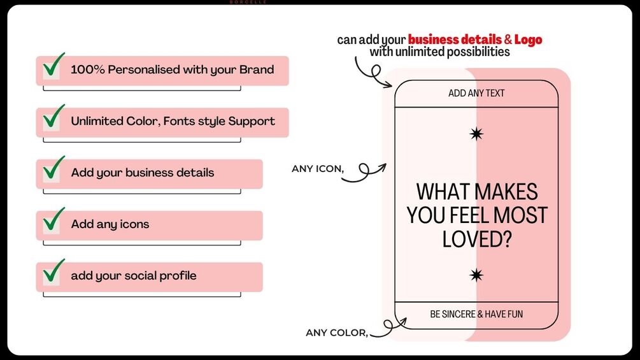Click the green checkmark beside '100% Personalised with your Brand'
pyautogui.click(x=53, y=65)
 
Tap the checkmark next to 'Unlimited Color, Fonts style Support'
pyautogui.click(x=53, y=117)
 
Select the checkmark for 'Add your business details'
pyautogui.click(x=53, y=168)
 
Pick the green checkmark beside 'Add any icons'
pyautogui.click(x=53, y=219)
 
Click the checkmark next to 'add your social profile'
pyautogui.click(x=53, y=271)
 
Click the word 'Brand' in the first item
pyautogui.click(x=257, y=69)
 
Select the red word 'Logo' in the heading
pyautogui.click(x=528, y=40)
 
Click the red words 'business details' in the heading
pyautogui.click(x=455, y=40)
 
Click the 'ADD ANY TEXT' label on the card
pyautogui.click(x=476, y=93)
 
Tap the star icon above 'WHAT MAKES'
pyautogui.click(x=476, y=134)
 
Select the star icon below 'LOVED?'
pyautogui.click(x=476, y=275)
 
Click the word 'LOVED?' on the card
pyautogui.click(x=477, y=239)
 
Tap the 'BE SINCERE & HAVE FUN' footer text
pyautogui.click(x=476, y=314)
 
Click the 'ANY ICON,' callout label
pyautogui.click(x=318, y=169)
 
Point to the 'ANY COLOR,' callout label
pyautogui.click(x=337, y=333)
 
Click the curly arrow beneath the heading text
pyautogui.click(x=373, y=73)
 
